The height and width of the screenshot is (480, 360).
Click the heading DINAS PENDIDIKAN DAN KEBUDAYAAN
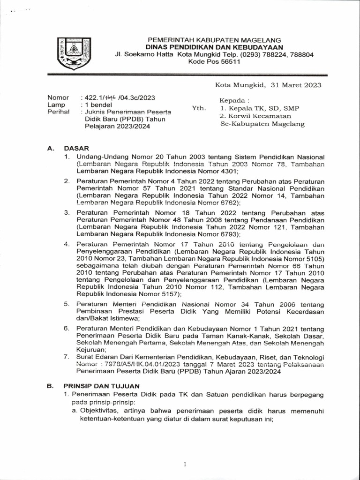(214, 47)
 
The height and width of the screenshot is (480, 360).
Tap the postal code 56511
(228, 62)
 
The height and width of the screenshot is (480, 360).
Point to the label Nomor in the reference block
(58, 97)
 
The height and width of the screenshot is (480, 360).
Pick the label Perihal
(58, 112)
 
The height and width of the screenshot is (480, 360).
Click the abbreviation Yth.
(199, 108)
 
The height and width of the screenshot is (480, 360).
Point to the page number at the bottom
(185, 464)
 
